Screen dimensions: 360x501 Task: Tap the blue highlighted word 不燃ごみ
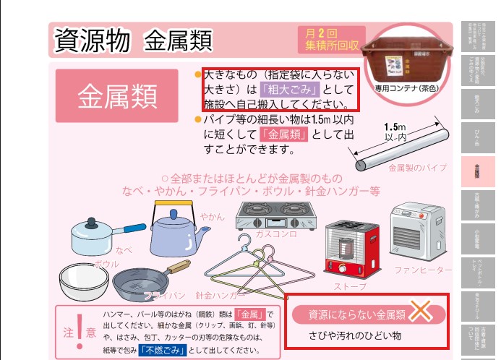164,350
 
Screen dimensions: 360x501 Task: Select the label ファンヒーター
422,270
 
